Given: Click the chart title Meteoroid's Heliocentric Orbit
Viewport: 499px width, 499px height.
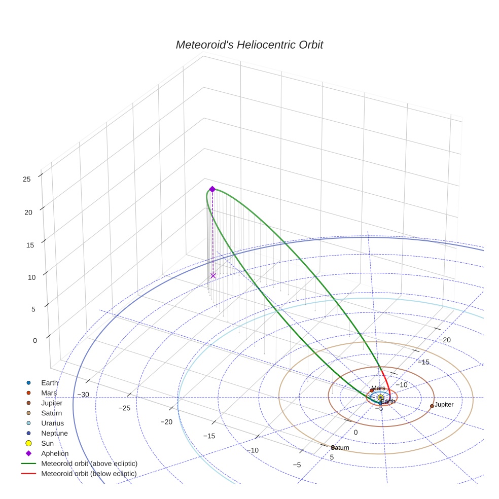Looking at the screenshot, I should [249, 45].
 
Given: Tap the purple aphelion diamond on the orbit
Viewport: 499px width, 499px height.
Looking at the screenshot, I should [212, 189].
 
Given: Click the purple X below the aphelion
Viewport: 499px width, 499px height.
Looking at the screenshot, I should [213, 276].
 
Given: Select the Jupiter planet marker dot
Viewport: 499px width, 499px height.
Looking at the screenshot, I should [432, 406].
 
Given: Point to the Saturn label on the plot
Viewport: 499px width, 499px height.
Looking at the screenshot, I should [340, 448].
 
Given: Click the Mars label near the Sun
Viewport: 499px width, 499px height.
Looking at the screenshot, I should [378, 388].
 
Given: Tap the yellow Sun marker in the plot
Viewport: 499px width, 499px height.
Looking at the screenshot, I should [380, 397].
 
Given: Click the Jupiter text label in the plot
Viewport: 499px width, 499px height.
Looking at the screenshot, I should [444, 405].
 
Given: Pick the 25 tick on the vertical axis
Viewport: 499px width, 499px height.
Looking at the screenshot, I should [27, 179].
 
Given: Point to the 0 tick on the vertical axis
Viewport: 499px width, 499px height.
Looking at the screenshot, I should [34, 340].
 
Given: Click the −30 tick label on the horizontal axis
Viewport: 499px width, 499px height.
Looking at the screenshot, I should [83, 395].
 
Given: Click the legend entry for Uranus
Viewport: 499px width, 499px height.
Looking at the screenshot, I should [52, 423].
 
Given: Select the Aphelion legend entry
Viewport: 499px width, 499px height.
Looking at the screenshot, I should [55, 453].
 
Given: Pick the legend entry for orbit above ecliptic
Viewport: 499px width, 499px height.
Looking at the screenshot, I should [89, 464].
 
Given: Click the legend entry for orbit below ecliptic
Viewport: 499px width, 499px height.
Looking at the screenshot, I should [89, 474].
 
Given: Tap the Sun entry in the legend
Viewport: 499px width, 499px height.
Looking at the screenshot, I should [47, 443].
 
